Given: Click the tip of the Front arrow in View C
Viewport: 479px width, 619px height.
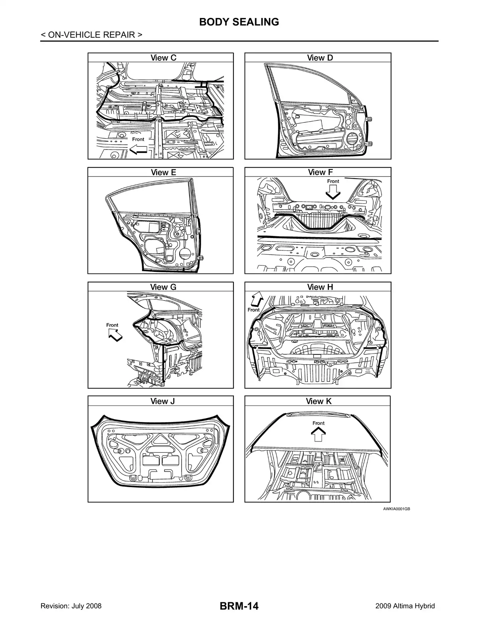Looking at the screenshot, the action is click(x=130, y=149).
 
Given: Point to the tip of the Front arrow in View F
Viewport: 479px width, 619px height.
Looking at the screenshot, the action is click(x=333, y=199).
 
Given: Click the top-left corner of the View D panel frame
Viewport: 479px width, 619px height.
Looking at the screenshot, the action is click(x=245, y=53).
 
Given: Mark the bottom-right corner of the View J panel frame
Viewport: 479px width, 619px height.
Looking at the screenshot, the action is click(x=234, y=502).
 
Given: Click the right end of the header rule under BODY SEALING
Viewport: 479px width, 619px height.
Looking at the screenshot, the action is click(x=439, y=41).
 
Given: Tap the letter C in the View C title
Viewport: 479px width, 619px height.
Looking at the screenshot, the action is click(x=173, y=58).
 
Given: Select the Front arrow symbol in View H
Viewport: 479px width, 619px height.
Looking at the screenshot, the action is click(x=257, y=299).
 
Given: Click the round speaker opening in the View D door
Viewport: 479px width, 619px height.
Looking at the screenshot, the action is click(x=354, y=138).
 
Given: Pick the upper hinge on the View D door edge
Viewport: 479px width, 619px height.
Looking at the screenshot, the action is click(x=370, y=119).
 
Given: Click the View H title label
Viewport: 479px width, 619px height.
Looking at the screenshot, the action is click(x=320, y=287).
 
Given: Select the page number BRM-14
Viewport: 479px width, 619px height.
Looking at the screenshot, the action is click(x=239, y=605).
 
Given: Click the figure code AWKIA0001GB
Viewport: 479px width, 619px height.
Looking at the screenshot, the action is click(x=396, y=509).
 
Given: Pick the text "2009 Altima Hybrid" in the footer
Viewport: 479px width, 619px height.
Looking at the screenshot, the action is click(x=405, y=605).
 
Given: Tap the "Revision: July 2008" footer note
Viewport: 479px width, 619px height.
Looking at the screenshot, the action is click(x=71, y=605).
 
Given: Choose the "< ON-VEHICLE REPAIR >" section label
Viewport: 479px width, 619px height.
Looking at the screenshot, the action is click(x=91, y=35).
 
